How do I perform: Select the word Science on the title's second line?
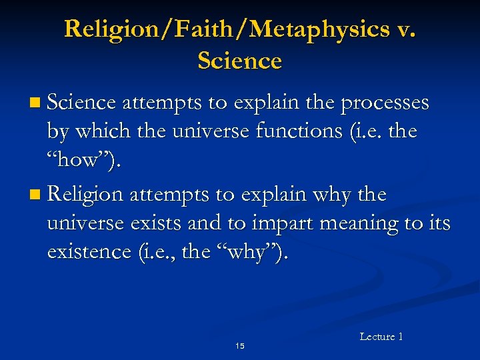point(240,61)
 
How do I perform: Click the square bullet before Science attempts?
point(35,104)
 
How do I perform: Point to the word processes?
point(385,104)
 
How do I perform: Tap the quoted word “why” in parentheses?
point(256,253)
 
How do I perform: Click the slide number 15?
point(240,346)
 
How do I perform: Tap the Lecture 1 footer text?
point(381,337)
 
